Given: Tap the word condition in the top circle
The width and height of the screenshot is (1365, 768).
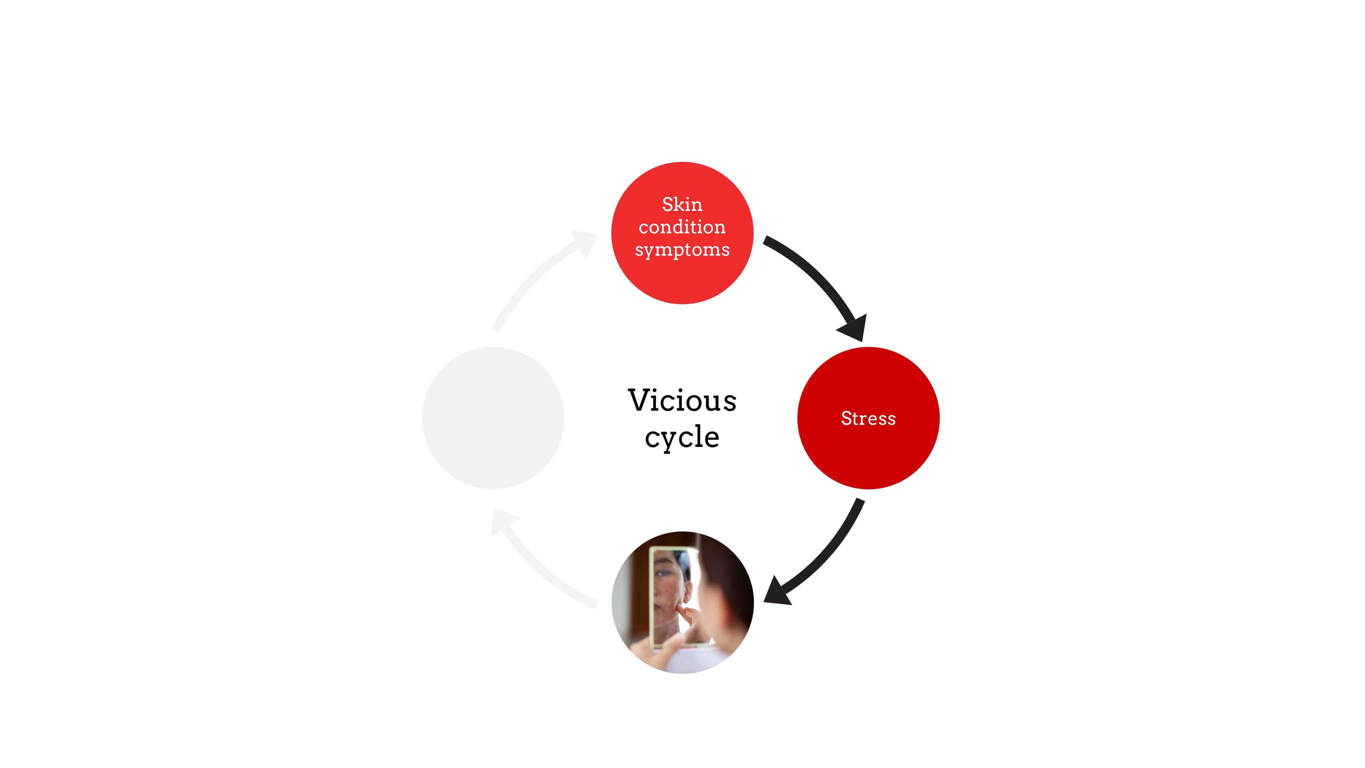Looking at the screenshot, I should [x=682, y=227].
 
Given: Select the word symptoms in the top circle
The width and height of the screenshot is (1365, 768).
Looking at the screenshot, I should [x=682, y=250].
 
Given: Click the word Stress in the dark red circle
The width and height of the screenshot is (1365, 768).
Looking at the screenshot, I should [x=868, y=418].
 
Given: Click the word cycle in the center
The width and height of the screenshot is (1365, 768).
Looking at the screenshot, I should [x=682, y=437].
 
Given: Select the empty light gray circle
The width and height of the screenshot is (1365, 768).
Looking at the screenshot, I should [x=493, y=418].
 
